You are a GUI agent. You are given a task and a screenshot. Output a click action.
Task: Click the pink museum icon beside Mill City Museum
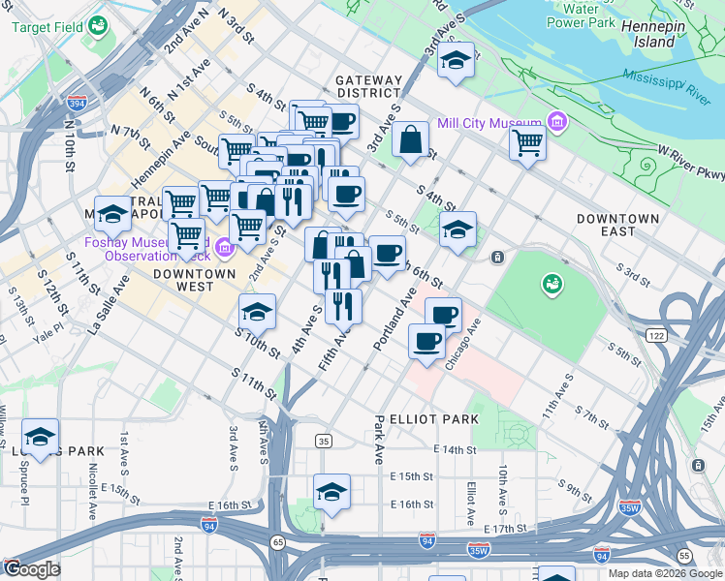coord(556,123)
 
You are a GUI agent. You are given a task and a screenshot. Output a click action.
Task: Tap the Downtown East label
coord(617,225)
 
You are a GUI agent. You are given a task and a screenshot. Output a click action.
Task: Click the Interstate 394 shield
coord(77,102)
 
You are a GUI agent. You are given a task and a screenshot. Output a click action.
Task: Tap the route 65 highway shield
coord(278,541)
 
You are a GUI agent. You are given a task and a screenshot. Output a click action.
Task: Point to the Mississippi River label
coord(667,85)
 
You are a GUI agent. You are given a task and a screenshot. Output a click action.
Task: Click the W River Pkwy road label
coord(690,163)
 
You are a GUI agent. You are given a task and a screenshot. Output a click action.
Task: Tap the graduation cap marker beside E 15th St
coord(331,489)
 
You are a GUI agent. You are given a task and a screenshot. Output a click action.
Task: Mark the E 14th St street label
coord(457,450)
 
